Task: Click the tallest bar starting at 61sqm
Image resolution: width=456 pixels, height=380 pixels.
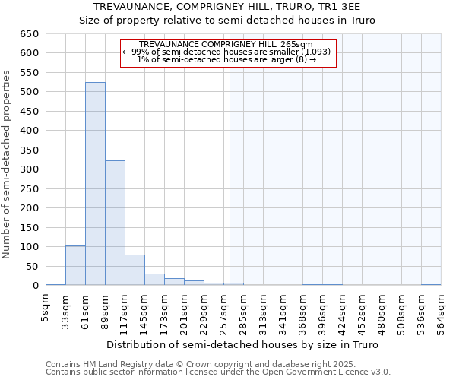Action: point(95,184)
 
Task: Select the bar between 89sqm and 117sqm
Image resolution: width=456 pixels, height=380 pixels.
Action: point(115,223)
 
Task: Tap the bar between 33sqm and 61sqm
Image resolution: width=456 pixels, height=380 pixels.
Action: point(75,265)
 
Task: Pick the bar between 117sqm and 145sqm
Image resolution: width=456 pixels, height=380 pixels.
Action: point(135,270)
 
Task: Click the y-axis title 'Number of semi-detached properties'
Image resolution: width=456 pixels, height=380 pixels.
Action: point(8,164)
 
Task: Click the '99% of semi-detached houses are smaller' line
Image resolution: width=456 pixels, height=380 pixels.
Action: point(226,52)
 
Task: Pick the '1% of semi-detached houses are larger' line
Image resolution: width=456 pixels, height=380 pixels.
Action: point(226,59)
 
